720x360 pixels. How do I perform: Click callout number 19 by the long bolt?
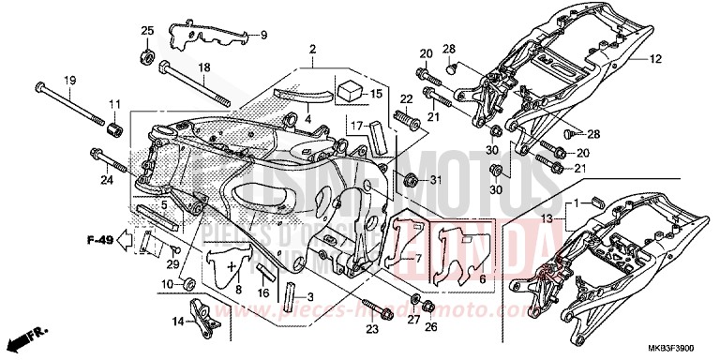pos(69,81)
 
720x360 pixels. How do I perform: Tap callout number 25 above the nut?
pos(147,32)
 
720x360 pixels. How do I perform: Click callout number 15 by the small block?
pos(378,94)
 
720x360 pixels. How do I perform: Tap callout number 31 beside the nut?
pos(435,180)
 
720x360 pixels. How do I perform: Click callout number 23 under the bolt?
pos(372,329)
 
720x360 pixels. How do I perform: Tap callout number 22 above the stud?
pos(406,99)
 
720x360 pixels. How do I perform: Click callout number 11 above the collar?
pos(115,103)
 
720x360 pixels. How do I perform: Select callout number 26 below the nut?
pos(430,327)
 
